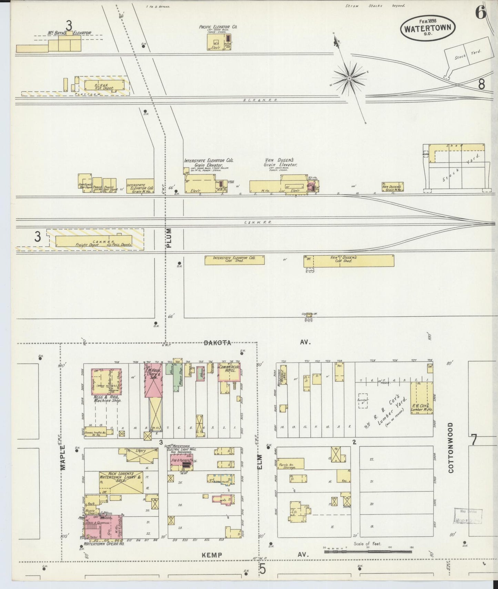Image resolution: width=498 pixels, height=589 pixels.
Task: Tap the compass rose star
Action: (349, 79)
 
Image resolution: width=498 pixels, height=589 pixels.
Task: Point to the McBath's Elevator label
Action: (70, 33)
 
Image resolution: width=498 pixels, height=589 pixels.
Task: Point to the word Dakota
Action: (217, 343)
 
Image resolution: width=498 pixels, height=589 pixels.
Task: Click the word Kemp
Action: (212, 555)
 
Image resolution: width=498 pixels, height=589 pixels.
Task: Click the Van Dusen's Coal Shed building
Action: (348, 261)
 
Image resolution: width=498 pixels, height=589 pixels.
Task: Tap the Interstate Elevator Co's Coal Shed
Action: (234, 260)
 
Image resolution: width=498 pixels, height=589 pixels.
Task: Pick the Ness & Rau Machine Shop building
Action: (106, 381)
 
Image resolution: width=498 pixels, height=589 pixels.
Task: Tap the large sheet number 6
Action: (480, 13)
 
